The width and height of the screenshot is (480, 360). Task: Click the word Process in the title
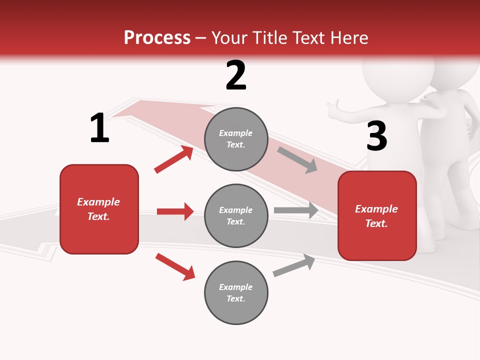[x=157, y=38]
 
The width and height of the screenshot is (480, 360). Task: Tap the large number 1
[x=99, y=128]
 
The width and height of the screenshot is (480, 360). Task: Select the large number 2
[x=236, y=76]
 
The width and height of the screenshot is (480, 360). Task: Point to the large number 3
[x=376, y=136]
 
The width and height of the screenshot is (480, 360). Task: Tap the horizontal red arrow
[x=175, y=211]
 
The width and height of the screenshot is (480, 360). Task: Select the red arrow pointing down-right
[x=175, y=266]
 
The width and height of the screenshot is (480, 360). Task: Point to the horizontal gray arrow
[x=296, y=210]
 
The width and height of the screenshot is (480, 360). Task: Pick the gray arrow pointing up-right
[x=294, y=265]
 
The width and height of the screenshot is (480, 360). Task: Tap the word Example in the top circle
[x=236, y=133]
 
